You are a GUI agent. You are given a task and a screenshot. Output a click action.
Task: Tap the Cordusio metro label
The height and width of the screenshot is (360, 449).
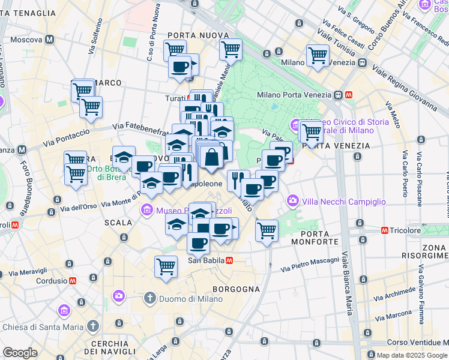coord(50,280)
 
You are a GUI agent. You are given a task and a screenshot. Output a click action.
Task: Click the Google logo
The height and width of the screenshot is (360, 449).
coord(20,352)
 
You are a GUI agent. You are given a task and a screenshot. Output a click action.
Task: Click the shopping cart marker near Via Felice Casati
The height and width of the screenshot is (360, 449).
coord(318,56)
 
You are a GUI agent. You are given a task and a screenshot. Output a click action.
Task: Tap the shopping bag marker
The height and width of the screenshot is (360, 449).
coord(212,158)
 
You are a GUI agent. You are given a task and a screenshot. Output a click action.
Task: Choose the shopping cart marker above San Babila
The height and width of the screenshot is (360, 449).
coord(166,266)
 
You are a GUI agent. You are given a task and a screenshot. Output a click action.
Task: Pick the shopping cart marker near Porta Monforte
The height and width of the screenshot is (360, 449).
coord(267,230)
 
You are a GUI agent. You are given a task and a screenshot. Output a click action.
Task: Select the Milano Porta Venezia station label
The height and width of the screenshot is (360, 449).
coord(294,95)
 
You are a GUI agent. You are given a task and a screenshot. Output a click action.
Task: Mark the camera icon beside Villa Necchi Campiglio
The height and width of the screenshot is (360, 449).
coord(293,200)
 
